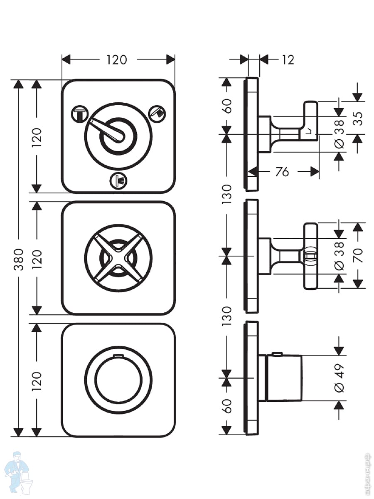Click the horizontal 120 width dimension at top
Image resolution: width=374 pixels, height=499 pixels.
coord(116,60)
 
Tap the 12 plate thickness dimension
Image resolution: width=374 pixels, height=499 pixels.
coord(287,60)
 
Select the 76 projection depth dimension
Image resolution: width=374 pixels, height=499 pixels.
coord(282,171)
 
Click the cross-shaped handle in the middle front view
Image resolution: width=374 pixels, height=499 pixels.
coord(118,258)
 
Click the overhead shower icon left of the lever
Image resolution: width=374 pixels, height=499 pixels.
coord(79,113)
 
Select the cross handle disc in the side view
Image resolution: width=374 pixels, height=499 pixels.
coord(311,256)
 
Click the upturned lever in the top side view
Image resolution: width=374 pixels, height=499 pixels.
coord(310,118)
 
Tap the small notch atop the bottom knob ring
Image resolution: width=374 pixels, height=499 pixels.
coord(118,356)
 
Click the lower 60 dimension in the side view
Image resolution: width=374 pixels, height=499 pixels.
coord(227,406)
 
